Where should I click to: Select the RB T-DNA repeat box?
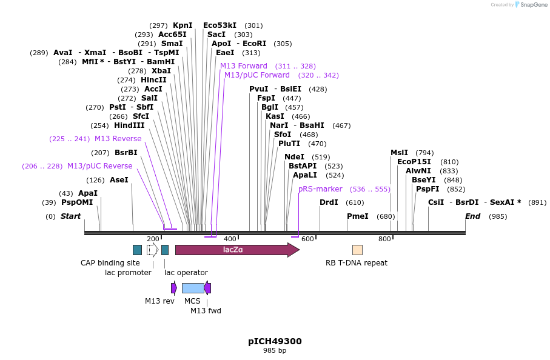[357, 250]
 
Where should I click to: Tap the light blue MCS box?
[193, 288]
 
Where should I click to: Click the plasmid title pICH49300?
[275, 341]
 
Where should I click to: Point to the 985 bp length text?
[275, 351]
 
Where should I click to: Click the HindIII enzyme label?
[129, 125]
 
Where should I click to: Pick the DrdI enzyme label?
[329, 202]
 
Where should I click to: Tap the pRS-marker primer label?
[320, 189]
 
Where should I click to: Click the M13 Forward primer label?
[243, 66]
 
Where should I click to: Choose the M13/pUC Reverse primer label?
[99, 166]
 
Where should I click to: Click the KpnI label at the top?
[183, 25]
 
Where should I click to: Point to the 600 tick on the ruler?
[307, 239]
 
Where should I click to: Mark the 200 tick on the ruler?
[153, 239]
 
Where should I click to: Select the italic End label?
[472, 216]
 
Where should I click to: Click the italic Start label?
[70, 216]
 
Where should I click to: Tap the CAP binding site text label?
[110, 263]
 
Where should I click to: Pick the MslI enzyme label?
[399, 153]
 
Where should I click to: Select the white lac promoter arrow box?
[152, 250]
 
